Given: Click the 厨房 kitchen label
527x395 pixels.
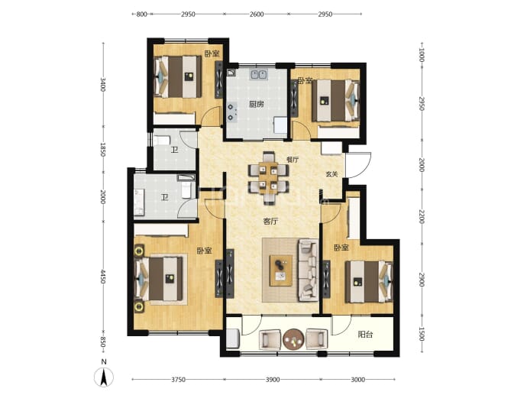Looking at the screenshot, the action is [x=256, y=105].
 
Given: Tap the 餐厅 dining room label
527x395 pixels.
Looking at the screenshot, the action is [x=293, y=160].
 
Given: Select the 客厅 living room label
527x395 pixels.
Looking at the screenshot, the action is [x=270, y=222].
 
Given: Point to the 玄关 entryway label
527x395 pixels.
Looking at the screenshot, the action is [x=331, y=174].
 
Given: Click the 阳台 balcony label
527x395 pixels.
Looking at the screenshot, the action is [x=365, y=335].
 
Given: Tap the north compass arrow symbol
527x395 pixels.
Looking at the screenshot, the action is [x=104, y=377].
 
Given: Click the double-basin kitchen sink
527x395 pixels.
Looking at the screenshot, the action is [x=258, y=74].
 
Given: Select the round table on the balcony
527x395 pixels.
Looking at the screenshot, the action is [x=293, y=339].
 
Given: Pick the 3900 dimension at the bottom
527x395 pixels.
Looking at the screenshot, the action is [x=273, y=380].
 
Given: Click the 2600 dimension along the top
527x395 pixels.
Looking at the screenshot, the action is [x=257, y=14].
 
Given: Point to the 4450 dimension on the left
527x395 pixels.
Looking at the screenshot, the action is [x=103, y=277].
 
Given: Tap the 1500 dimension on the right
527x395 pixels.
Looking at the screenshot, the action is [x=422, y=334].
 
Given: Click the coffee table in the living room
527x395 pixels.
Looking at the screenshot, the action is [x=281, y=270].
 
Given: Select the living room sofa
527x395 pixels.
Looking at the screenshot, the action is [x=307, y=270].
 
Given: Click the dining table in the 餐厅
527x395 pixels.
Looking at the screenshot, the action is [x=268, y=178].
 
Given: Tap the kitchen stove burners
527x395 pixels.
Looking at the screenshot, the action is [x=231, y=112].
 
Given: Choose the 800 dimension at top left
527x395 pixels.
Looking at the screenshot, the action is [x=142, y=14].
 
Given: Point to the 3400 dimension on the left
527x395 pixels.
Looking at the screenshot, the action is [x=103, y=84].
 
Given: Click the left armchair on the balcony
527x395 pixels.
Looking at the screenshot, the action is [x=270, y=339].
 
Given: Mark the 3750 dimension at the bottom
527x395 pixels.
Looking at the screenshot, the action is [x=178, y=380].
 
